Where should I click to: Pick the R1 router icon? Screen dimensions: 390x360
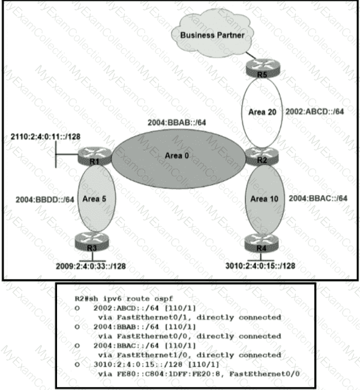(89, 157)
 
